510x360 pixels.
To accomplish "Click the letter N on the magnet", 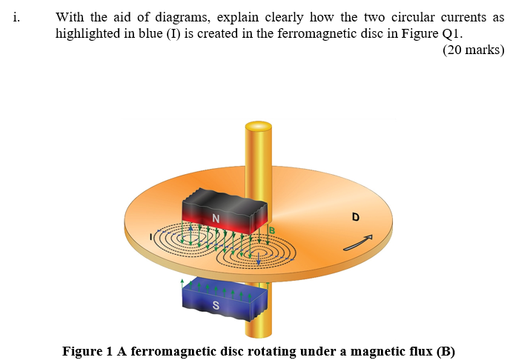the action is [216, 218].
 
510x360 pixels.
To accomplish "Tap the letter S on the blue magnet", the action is [216, 305].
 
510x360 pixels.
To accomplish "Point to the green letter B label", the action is [271, 231].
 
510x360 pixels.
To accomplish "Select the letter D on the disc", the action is [356, 217].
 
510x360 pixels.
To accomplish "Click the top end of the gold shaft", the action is [259, 127].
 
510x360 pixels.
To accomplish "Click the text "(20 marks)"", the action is [473, 50].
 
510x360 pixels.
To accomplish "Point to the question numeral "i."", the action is [16, 17].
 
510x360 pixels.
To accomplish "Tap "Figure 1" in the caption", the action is [87, 350].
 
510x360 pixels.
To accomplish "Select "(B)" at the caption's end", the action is [445, 350].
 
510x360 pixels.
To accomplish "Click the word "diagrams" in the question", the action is [176, 17].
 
